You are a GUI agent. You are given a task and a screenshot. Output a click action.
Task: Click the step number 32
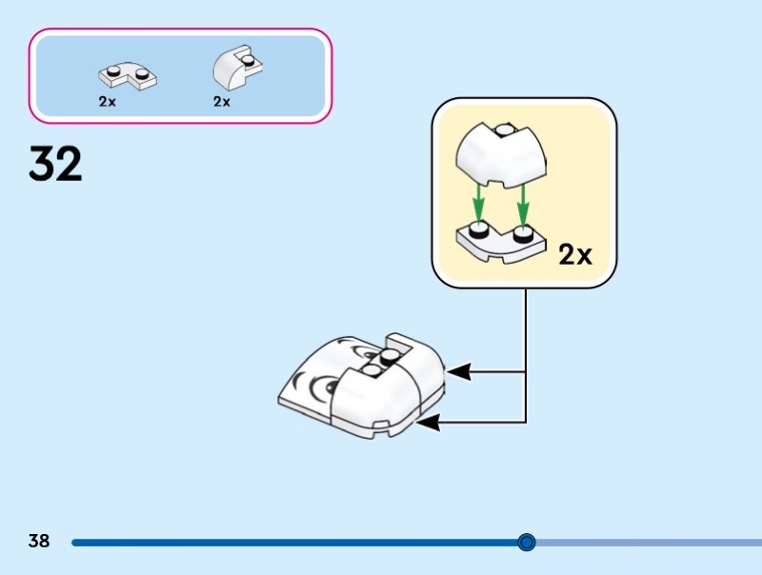(x=55, y=164)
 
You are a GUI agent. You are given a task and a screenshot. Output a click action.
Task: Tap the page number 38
(x=38, y=542)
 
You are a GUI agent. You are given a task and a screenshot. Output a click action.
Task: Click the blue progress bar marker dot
(x=527, y=543)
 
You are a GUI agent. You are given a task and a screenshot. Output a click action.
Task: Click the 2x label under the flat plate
(x=107, y=102)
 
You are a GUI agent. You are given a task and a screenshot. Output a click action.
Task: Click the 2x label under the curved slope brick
(x=221, y=102)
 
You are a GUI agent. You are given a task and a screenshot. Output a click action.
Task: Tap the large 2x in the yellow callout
(x=574, y=254)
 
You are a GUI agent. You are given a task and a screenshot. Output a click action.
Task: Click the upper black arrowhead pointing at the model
(x=458, y=371)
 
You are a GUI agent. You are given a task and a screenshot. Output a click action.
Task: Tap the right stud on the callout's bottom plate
(x=523, y=233)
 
